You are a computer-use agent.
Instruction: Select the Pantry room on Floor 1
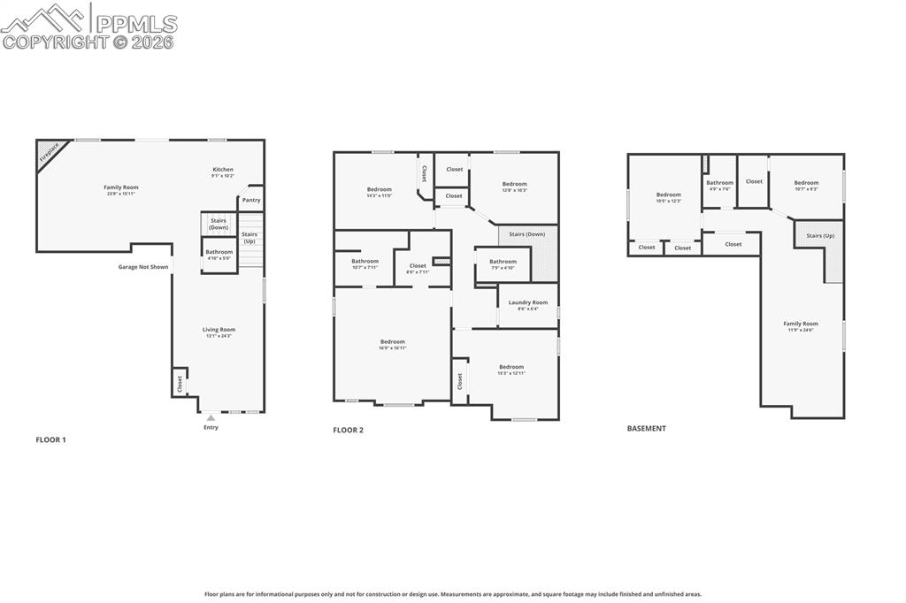pyautogui.click(x=251, y=200)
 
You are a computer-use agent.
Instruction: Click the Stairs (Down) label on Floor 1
pyautogui.click(x=219, y=225)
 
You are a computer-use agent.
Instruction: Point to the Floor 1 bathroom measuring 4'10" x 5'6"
pyautogui.click(x=219, y=255)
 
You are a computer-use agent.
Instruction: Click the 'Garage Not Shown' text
pyautogui.click(x=143, y=267)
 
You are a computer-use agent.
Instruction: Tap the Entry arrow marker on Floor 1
pyautogui.click(x=211, y=417)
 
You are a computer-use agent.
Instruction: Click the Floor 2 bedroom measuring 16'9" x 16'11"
pyautogui.click(x=393, y=344)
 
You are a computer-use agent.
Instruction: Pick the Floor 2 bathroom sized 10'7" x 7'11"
pyautogui.click(x=365, y=263)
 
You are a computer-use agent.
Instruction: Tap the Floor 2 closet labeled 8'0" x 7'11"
pyautogui.click(x=418, y=268)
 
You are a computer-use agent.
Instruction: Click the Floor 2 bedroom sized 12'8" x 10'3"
pyautogui.click(x=514, y=187)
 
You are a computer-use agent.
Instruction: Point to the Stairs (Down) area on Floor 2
pyautogui.click(x=527, y=234)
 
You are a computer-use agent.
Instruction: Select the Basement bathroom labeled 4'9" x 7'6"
pyautogui.click(x=719, y=185)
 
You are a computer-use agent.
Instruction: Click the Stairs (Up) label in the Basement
pyautogui.click(x=820, y=236)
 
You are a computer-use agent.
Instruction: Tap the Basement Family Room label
pyautogui.click(x=801, y=326)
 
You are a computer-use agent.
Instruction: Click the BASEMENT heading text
pyautogui.click(x=646, y=429)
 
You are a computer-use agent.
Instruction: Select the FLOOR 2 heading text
pyautogui.click(x=348, y=431)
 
